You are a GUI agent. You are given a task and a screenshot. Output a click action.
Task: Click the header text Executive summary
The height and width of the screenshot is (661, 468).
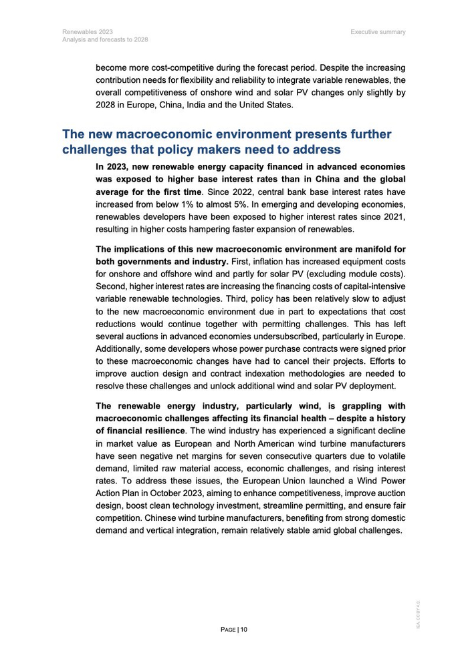click(x=378, y=31)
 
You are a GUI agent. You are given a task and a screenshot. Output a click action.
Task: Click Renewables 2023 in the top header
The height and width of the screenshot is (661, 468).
click(x=88, y=31)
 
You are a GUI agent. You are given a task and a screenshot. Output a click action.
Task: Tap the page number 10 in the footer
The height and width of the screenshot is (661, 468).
click(x=244, y=629)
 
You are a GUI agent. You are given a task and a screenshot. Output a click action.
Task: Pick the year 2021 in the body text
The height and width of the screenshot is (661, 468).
click(x=392, y=217)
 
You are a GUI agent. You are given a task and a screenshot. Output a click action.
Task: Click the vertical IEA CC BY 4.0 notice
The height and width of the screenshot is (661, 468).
click(x=418, y=614)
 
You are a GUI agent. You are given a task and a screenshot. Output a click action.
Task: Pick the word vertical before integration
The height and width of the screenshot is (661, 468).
click(x=158, y=530)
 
